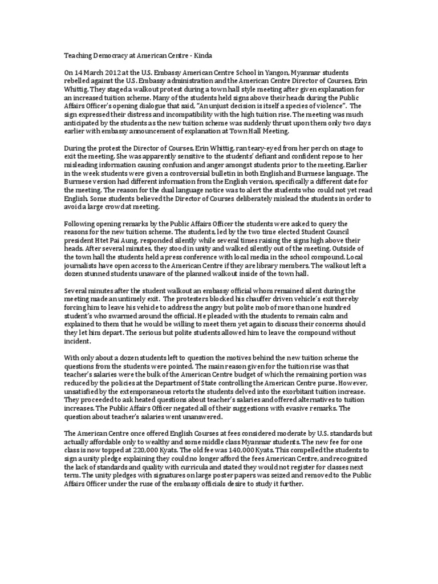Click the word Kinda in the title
(x=201, y=54)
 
